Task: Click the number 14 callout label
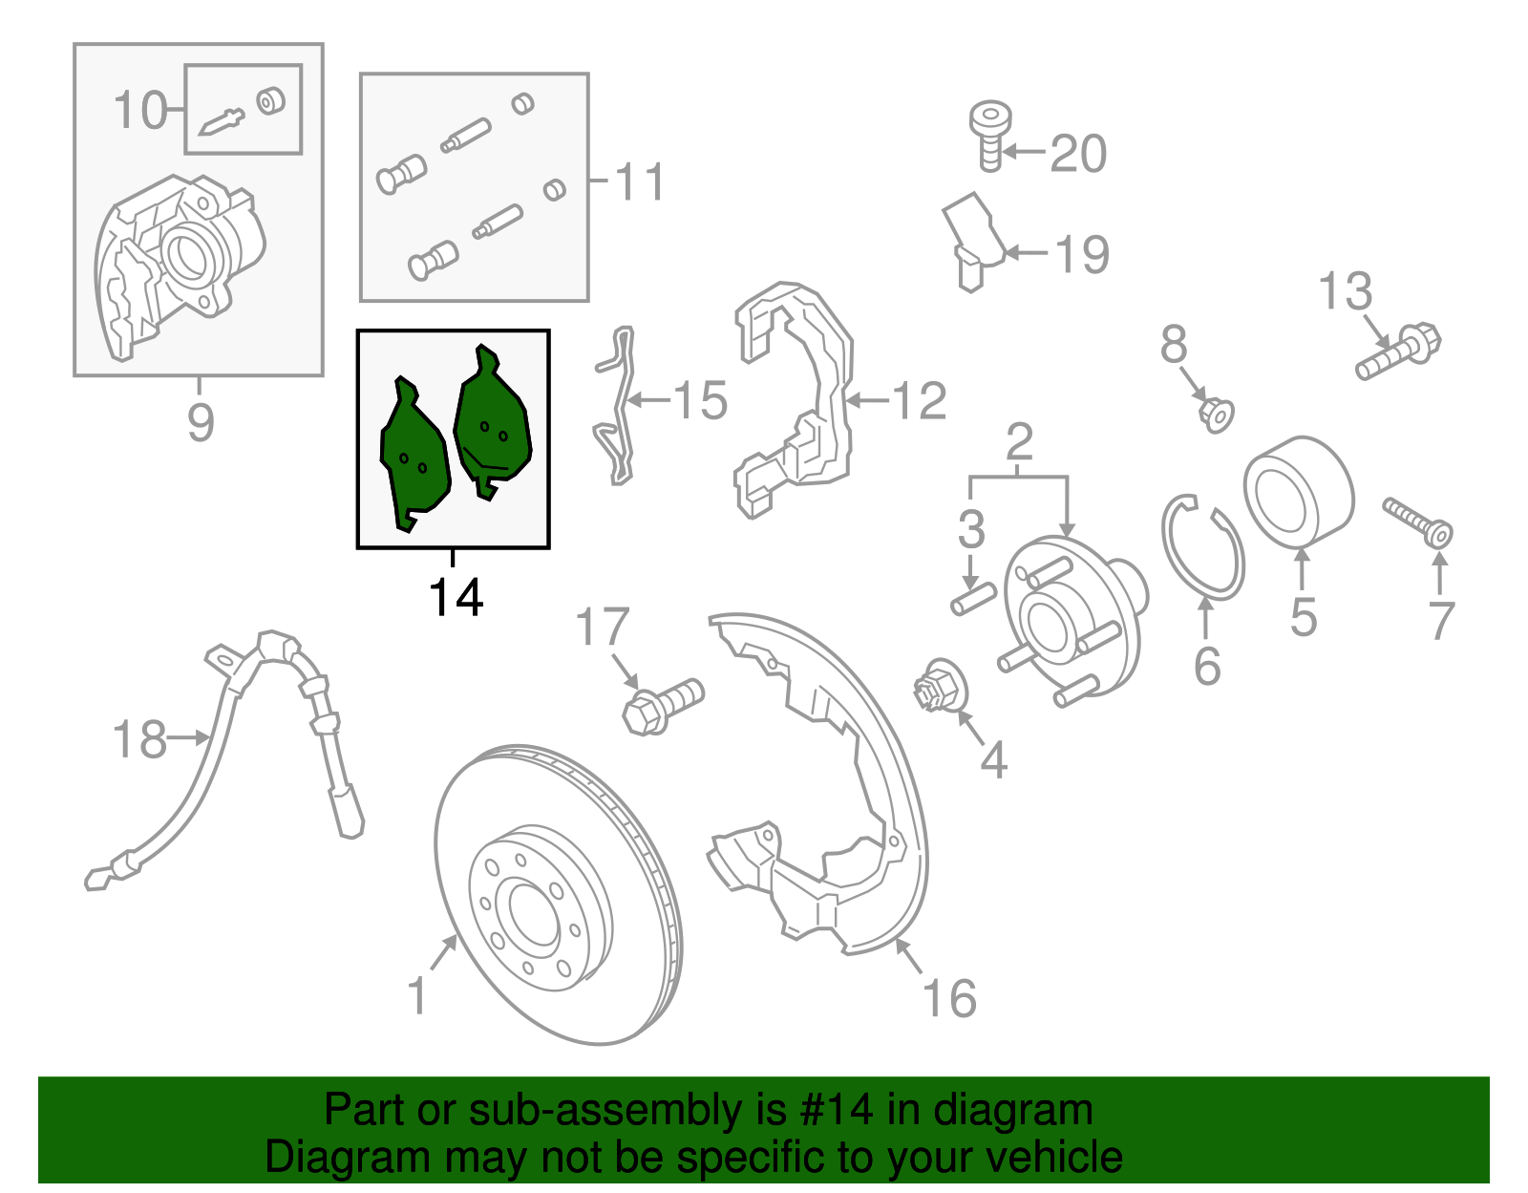(456, 598)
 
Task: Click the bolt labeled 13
(1398, 352)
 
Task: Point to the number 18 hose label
(139, 740)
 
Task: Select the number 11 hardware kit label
(639, 181)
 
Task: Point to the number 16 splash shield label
(949, 999)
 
